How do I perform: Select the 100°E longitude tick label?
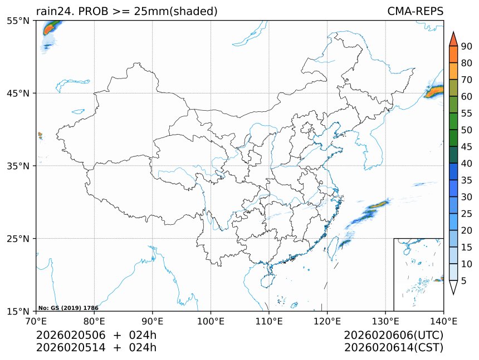211,321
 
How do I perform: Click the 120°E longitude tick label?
327,321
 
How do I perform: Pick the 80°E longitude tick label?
94,321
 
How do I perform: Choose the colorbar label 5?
464,281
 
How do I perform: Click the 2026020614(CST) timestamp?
393,348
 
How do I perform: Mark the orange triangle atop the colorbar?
453,39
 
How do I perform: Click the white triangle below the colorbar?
453,288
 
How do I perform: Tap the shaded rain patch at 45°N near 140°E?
434,92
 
